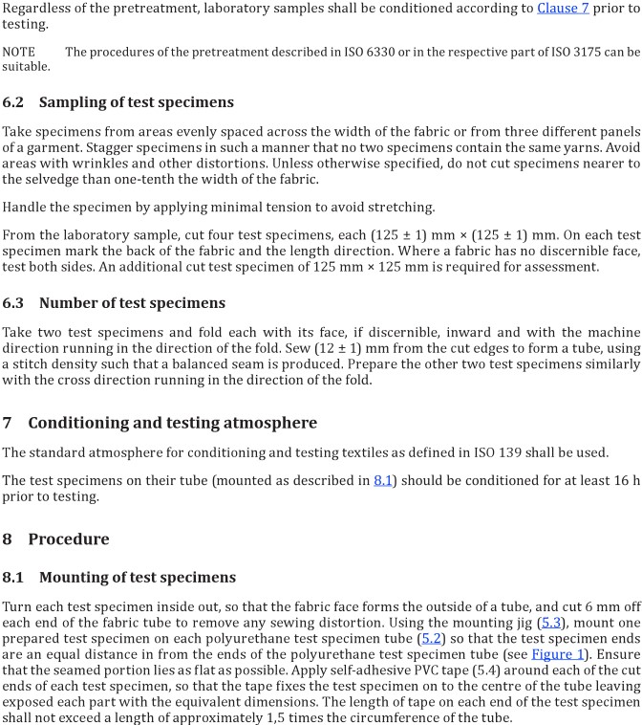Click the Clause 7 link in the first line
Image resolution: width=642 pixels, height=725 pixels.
(588, 10)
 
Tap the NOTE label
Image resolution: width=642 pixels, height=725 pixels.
(18, 52)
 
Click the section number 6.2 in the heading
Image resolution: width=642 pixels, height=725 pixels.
(15, 102)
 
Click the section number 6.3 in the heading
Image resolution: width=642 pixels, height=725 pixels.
(15, 303)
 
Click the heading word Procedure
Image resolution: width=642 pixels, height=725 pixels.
(69, 538)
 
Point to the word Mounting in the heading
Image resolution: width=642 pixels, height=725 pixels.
(80, 578)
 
